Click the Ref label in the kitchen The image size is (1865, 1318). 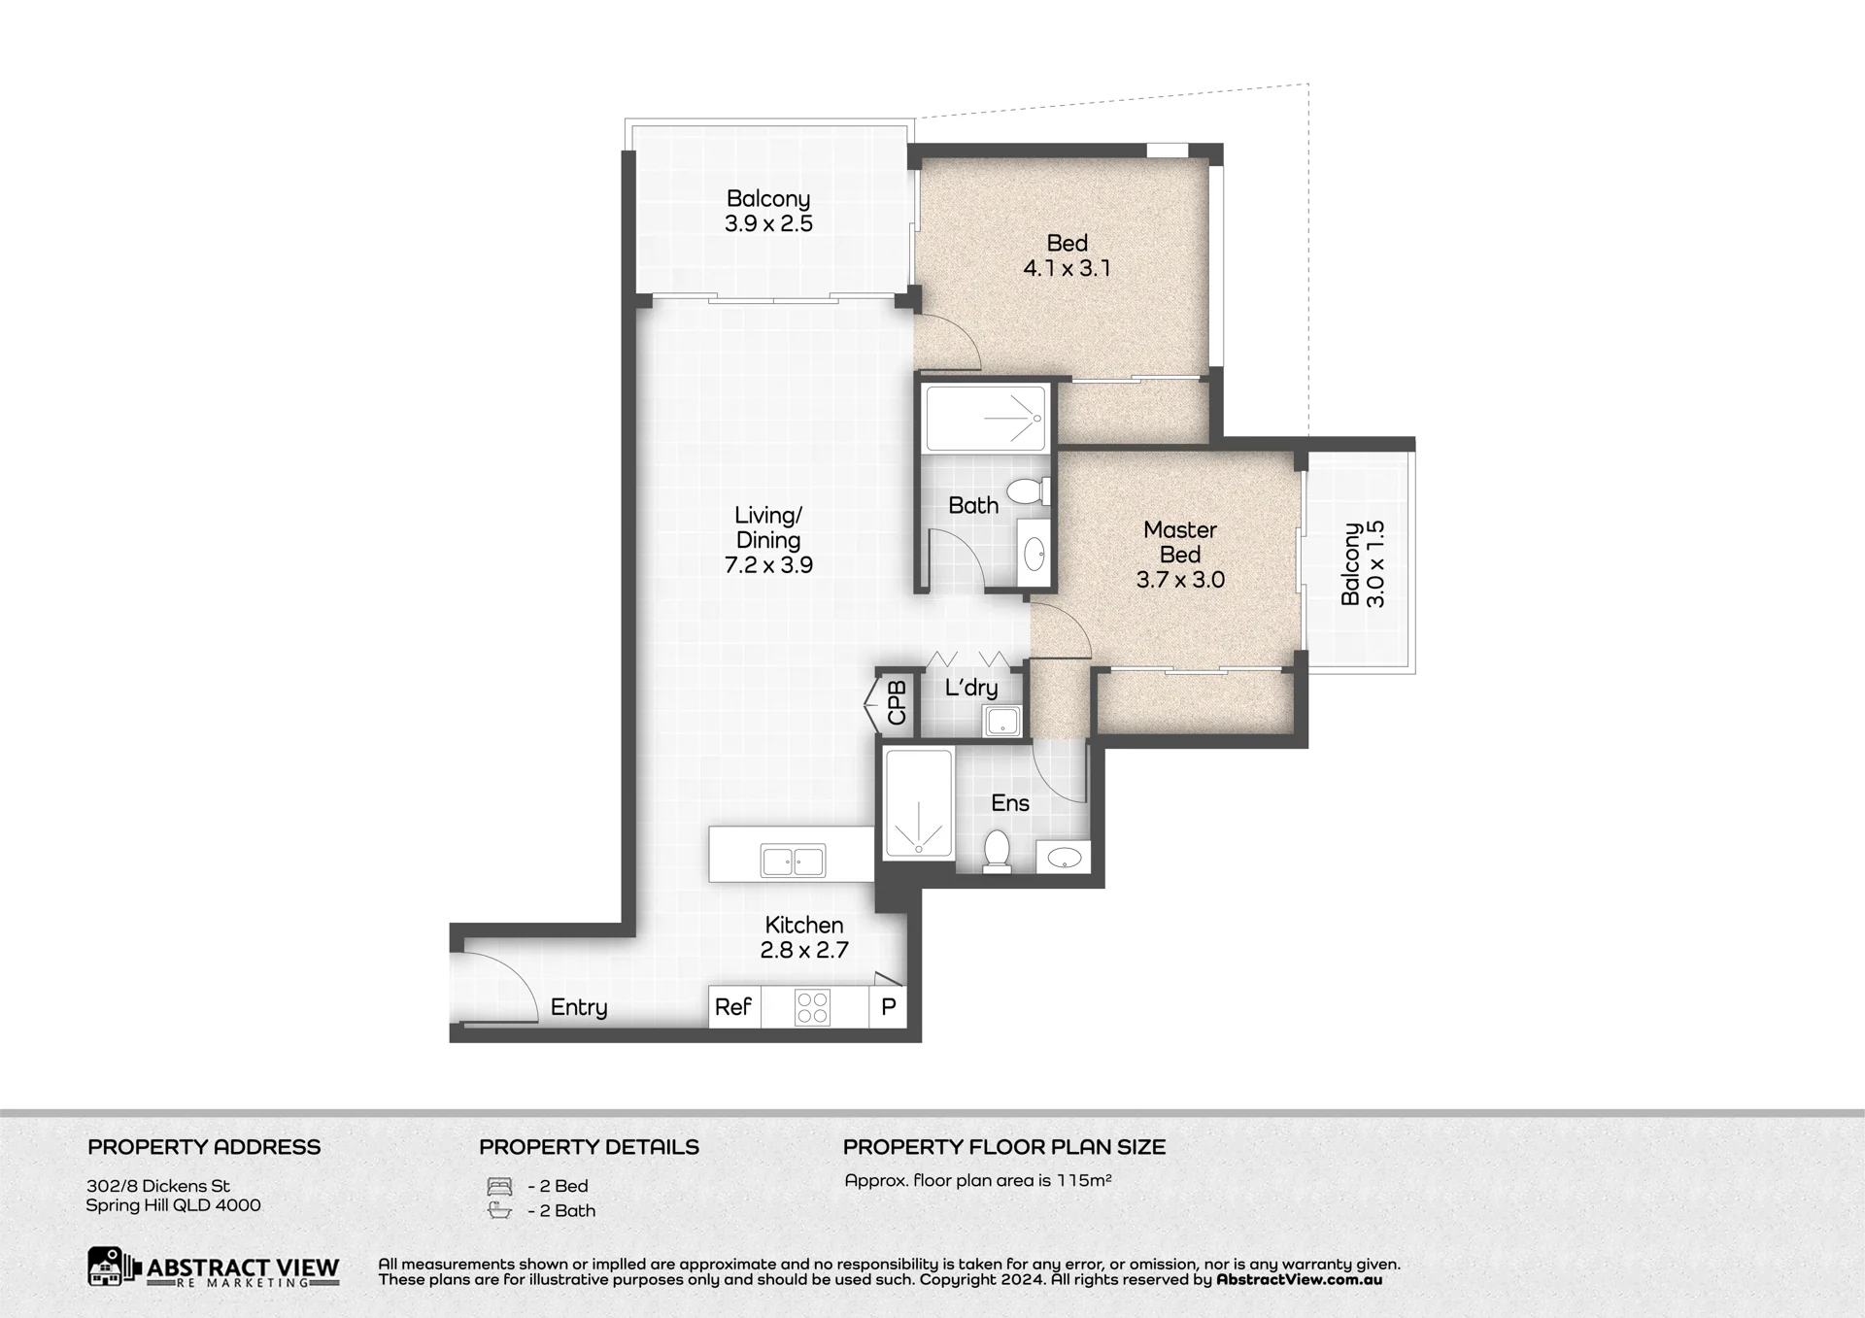733,1007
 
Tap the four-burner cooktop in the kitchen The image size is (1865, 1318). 812,1007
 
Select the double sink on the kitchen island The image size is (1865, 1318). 794,861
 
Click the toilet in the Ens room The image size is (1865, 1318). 998,851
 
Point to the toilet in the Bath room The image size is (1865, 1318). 1028,490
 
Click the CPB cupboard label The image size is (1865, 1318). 897,702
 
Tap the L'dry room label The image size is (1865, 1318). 971,688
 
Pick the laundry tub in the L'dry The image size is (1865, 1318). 1001,721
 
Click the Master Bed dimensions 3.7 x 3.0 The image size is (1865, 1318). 1180,580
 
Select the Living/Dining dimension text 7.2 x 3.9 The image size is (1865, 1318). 768,565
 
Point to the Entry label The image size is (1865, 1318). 579,1008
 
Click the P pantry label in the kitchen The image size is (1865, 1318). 888,1007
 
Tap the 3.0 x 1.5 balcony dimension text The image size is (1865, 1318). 1375,564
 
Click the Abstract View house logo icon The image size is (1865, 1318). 107,1267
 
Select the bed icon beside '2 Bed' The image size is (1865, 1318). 499,1186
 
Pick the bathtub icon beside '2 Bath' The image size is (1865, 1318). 499,1210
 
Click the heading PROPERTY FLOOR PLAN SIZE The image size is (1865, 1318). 1004,1147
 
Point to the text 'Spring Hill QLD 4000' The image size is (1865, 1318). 173,1205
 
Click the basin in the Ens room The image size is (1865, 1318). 1065,857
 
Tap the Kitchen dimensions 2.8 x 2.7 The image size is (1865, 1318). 804,950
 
